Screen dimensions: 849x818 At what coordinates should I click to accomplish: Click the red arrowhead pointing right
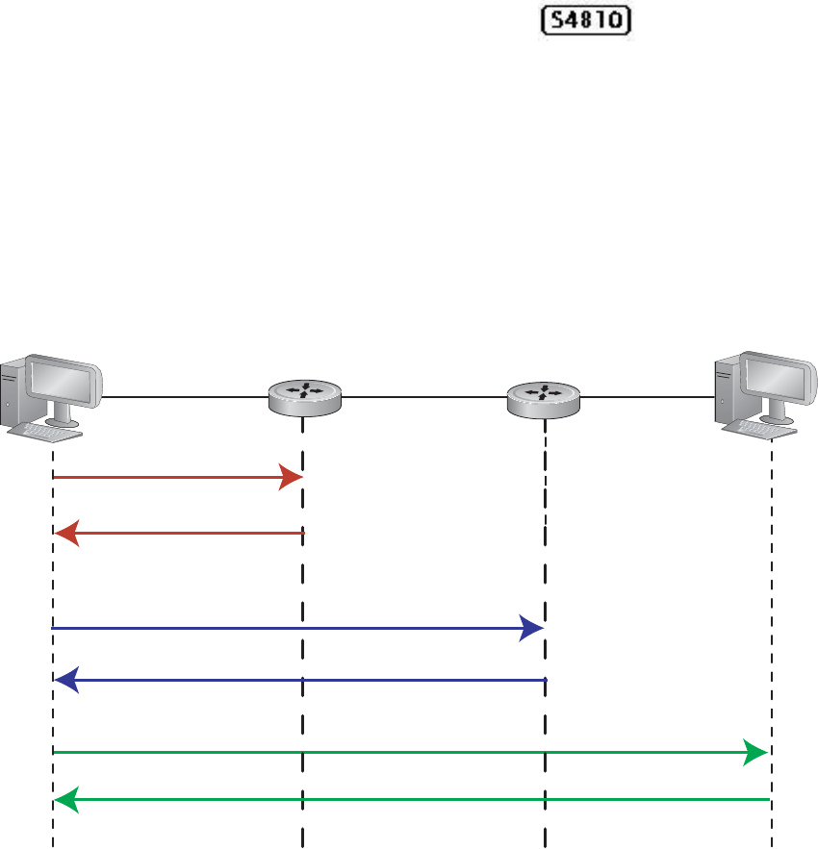tap(292, 477)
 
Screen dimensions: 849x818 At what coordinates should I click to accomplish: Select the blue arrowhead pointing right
tap(532, 629)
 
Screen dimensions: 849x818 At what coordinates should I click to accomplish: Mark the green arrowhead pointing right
tap(756, 752)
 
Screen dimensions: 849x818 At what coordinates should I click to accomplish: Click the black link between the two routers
tap(423, 396)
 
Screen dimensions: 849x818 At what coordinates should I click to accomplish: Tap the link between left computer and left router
tap(183, 396)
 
